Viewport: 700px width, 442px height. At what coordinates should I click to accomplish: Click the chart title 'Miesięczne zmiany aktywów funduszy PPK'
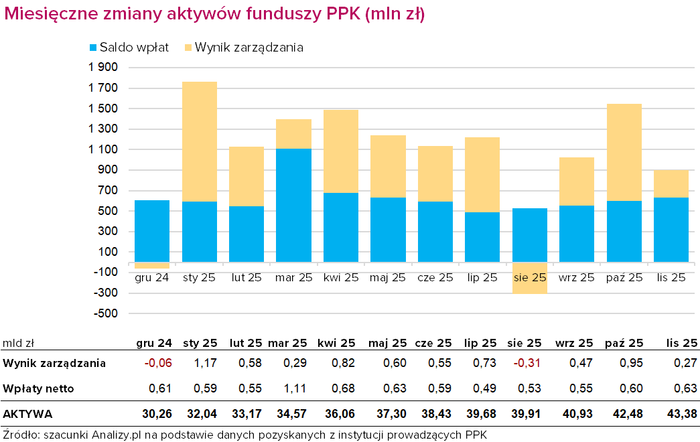pos(214,14)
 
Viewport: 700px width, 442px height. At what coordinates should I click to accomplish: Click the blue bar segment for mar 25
pos(293,205)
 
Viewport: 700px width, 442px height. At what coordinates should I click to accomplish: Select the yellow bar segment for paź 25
pos(624,152)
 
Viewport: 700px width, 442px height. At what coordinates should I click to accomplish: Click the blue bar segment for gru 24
pos(152,231)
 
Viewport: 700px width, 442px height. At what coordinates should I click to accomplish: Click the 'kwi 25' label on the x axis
pos(340,277)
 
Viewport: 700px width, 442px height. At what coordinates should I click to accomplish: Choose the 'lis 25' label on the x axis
pos(671,277)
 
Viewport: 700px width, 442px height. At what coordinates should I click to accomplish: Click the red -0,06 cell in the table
pos(159,363)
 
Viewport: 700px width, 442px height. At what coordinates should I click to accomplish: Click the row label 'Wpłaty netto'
pos(38,388)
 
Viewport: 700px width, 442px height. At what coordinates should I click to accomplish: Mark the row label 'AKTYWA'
pos(27,414)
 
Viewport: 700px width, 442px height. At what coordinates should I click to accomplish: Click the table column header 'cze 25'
pos(433,343)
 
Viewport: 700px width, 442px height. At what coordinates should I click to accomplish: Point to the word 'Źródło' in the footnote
pos(20,434)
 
